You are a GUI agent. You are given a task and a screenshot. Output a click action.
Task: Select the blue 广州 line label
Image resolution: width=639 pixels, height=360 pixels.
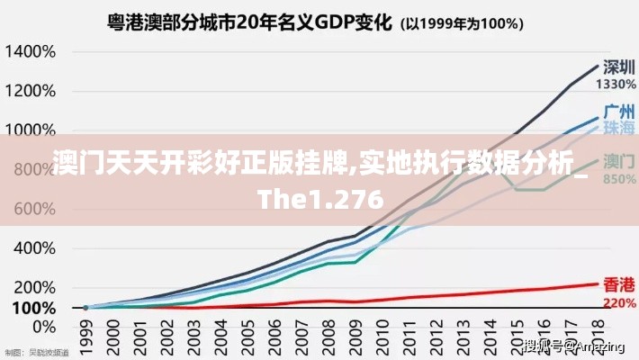tap(617, 112)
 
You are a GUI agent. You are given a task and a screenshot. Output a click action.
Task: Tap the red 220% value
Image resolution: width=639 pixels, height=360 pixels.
tap(617, 302)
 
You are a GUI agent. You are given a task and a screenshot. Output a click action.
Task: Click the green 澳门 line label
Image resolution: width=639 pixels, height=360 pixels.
tap(617, 162)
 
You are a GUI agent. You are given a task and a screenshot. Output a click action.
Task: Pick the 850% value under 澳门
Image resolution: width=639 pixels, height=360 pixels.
tap(617, 178)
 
